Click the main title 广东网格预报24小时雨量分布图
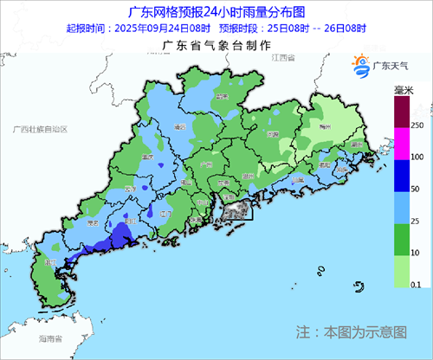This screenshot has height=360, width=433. coord(216,12)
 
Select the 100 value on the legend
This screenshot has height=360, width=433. coord(417,157)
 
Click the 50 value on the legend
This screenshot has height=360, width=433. coord(417,189)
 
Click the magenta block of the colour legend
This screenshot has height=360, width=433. coord(400,142)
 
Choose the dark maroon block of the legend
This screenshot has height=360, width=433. coord(400,111)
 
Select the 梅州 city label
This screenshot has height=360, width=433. coord(325,125)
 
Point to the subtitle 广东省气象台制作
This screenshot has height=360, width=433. coord(216,44)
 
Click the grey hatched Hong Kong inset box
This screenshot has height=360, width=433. coord(231,209)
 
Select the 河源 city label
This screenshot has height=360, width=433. coord(275,136)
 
